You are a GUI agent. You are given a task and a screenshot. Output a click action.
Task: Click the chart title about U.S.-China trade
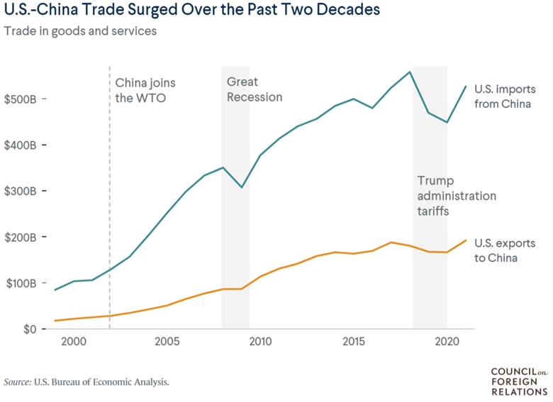(192, 9)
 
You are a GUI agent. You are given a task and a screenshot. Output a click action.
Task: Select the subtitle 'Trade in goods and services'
(80, 31)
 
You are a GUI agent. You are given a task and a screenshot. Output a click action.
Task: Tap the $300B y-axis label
(20, 191)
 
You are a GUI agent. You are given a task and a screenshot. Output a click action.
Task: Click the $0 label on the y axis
(30, 329)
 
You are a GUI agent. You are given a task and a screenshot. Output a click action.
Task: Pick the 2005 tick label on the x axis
(167, 341)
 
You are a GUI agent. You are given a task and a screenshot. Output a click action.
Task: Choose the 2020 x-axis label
(447, 341)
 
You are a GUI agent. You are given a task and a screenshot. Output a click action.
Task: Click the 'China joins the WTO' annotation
(145, 90)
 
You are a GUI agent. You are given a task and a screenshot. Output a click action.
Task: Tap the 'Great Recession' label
(255, 89)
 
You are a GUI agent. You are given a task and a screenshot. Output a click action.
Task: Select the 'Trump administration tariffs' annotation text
(457, 196)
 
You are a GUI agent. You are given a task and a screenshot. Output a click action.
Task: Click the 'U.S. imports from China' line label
(505, 96)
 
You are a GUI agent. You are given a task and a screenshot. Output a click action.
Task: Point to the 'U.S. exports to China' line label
(505, 250)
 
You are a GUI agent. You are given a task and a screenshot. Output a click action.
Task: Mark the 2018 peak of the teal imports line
(410, 72)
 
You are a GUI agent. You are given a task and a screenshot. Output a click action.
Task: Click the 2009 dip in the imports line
(242, 187)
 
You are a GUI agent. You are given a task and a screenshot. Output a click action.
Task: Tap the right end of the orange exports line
(466, 240)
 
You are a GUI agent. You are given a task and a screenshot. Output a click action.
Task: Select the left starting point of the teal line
(55, 290)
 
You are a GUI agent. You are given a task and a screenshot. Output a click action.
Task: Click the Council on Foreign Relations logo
(519, 381)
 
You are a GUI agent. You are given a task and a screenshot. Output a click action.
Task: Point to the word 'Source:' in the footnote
(18, 382)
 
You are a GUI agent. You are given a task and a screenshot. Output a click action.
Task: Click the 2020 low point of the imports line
(447, 123)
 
